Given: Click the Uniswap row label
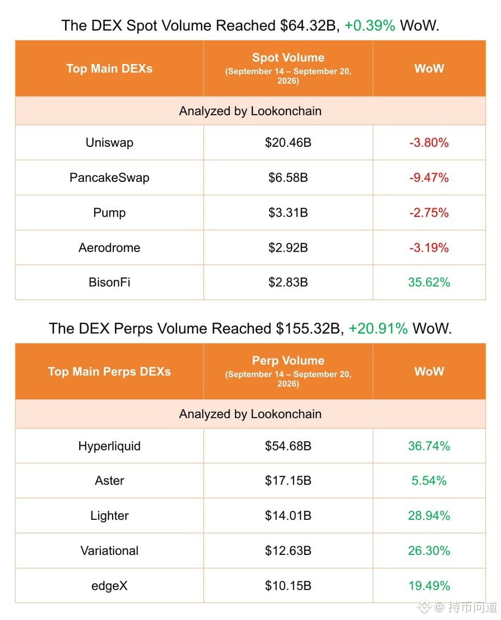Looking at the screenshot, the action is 109,143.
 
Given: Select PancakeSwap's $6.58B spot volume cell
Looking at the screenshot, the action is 288,178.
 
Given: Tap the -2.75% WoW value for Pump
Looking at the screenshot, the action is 429,212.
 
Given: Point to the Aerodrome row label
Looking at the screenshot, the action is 109,247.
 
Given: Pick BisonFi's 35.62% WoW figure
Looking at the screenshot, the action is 429,282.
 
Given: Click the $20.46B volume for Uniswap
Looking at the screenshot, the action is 288,143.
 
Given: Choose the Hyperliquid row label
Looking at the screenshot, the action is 109,446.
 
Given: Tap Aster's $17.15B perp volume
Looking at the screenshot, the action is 288,481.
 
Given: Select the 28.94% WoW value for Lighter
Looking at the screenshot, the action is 429,516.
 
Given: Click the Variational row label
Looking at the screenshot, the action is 109,551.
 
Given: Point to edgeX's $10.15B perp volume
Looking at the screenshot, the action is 288,586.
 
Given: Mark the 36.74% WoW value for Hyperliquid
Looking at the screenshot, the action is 429,446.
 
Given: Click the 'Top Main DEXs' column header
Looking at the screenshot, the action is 109,69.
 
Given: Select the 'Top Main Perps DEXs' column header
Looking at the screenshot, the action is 109,371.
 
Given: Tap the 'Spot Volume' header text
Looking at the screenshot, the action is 288,58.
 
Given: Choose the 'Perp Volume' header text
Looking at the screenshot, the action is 288,361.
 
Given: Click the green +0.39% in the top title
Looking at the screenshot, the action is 370,26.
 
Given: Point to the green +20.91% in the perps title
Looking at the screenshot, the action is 378,329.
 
